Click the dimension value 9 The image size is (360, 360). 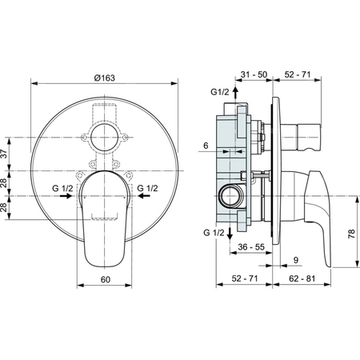click(x=295, y=259)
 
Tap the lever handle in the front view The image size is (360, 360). click(x=106, y=216)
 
